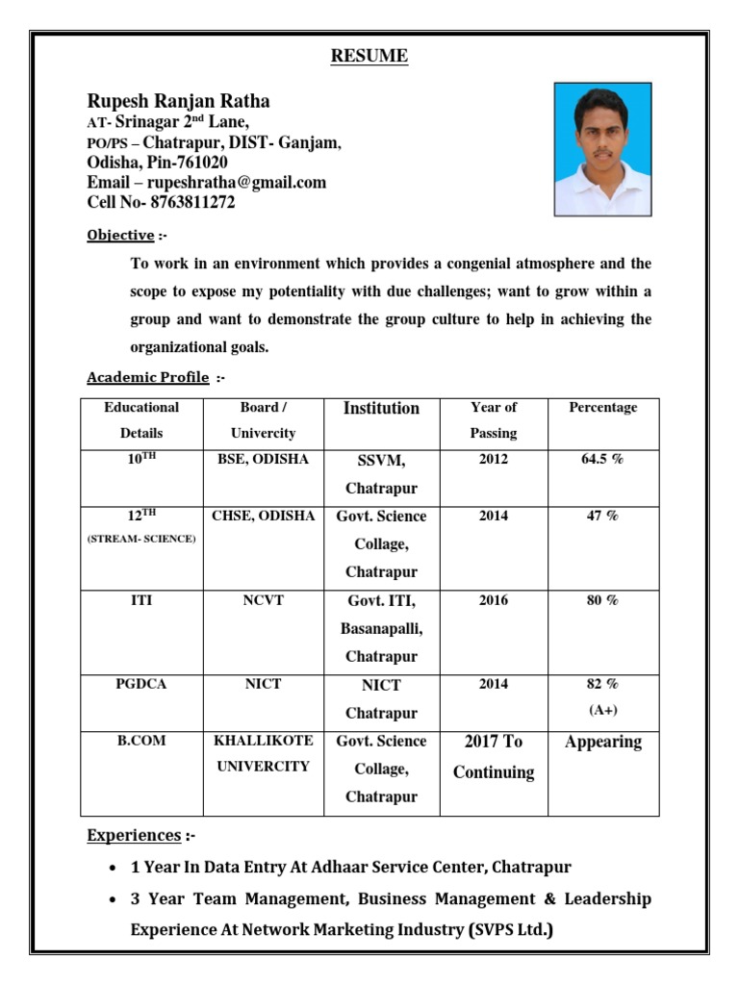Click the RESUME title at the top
(369, 57)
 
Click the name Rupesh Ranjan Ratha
(179, 101)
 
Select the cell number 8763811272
(192, 203)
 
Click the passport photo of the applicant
(602, 149)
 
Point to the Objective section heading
(120, 236)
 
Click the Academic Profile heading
(147, 378)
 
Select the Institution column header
(381, 409)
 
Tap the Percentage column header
(603, 408)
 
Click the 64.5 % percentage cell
(603, 460)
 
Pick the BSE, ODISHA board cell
(263, 460)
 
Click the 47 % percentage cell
(603, 517)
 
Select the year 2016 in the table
(494, 601)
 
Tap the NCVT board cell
(263, 601)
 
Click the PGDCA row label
(141, 685)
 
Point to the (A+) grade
(603, 711)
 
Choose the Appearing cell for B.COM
(603, 742)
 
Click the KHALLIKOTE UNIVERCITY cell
(263, 754)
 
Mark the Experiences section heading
(134, 835)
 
